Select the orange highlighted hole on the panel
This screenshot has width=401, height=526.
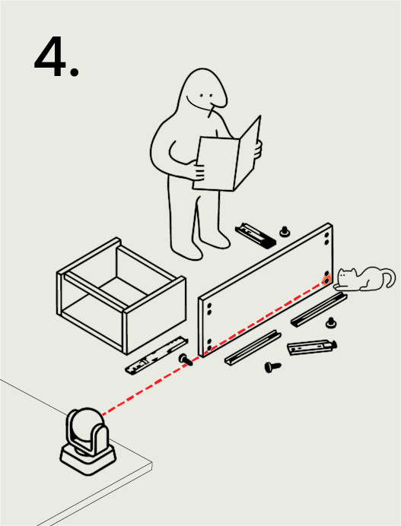(x=326, y=280)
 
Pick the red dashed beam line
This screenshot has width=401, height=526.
(x=212, y=349)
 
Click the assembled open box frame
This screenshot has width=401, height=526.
(x=121, y=295)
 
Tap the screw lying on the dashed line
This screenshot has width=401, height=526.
(x=186, y=360)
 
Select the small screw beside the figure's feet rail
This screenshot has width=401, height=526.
(x=285, y=232)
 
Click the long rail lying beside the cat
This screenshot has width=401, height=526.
(x=319, y=309)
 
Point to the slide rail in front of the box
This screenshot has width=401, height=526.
(x=157, y=355)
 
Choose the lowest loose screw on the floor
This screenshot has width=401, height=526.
(x=272, y=367)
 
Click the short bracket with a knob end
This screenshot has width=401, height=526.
(x=312, y=347)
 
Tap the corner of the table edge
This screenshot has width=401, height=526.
(x=152, y=464)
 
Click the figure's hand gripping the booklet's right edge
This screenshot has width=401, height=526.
(x=258, y=149)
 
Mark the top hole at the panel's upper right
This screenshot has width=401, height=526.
(x=326, y=235)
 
